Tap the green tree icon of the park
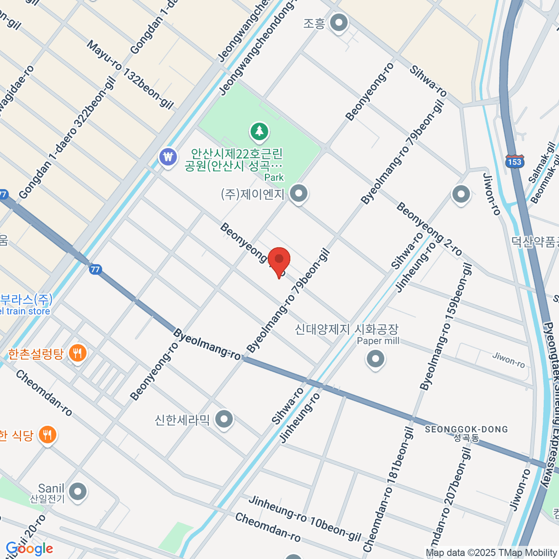[259, 131]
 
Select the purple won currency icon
[168, 157]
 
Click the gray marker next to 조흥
[339, 22]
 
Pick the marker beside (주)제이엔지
[299, 193]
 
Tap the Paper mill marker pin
[375, 359]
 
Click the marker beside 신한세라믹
[225, 419]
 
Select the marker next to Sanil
[77, 491]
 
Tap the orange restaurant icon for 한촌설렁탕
[77, 354]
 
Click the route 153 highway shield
[514, 161]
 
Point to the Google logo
[29, 549]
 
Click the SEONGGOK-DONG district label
[466, 429]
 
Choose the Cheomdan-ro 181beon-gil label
[388, 489]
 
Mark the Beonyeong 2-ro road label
[429, 229]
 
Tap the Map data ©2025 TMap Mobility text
[491, 552]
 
